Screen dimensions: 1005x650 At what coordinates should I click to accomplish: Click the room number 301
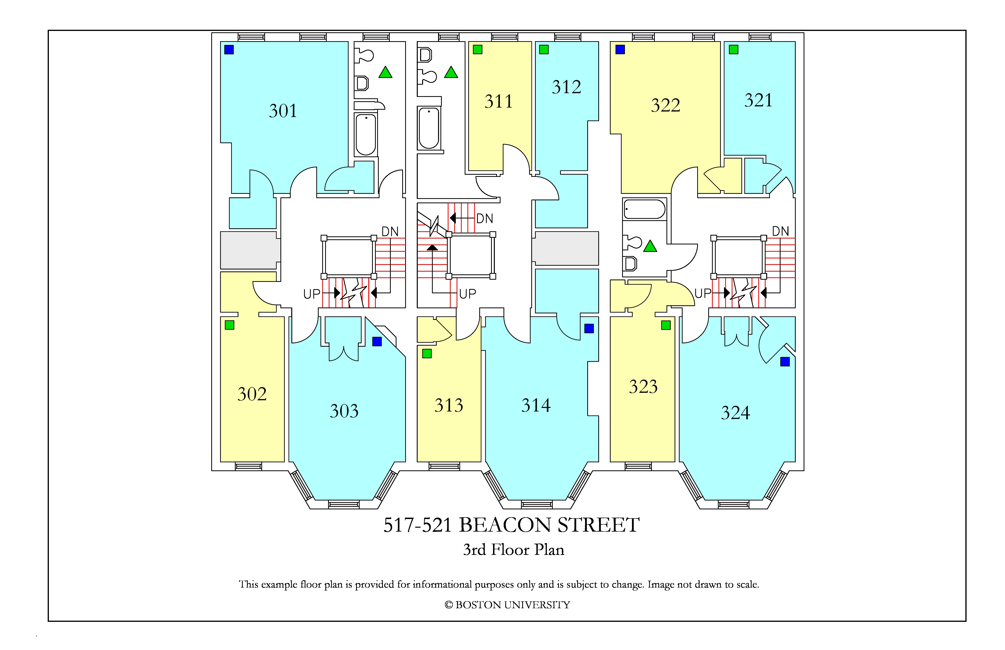pyautogui.click(x=283, y=111)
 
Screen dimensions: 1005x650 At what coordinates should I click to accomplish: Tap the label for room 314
pyautogui.click(x=536, y=406)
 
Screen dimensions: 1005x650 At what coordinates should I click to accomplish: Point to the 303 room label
pyautogui.click(x=344, y=411)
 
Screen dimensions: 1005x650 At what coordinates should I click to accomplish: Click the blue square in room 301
pyautogui.click(x=229, y=50)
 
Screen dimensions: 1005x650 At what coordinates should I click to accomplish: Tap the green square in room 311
pyautogui.click(x=478, y=50)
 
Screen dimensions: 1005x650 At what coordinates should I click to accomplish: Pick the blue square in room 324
pyautogui.click(x=785, y=362)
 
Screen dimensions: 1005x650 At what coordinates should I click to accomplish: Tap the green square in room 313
pyautogui.click(x=427, y=354)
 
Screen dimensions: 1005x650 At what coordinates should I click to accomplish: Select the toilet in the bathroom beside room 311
pyautogui.click(x=427, y=77)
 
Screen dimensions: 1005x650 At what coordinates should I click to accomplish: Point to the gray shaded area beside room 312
pyautogui.click(x=565, y=249)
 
